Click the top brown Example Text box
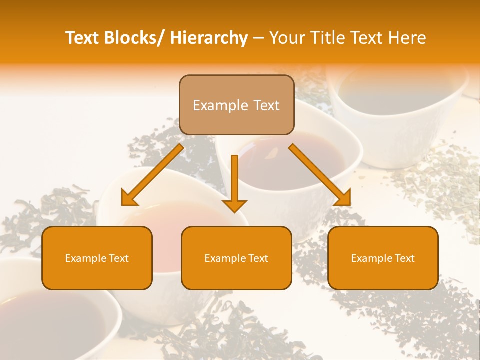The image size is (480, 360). pos(236,105)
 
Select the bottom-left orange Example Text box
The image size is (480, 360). pos(97,258)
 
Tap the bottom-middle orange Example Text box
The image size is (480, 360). pos(236,258)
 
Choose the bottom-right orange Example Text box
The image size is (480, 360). pos(383,258)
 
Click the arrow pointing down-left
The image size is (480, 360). pos(152,175)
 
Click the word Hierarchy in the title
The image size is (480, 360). pos(209,38)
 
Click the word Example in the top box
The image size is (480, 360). pos(220,105)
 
